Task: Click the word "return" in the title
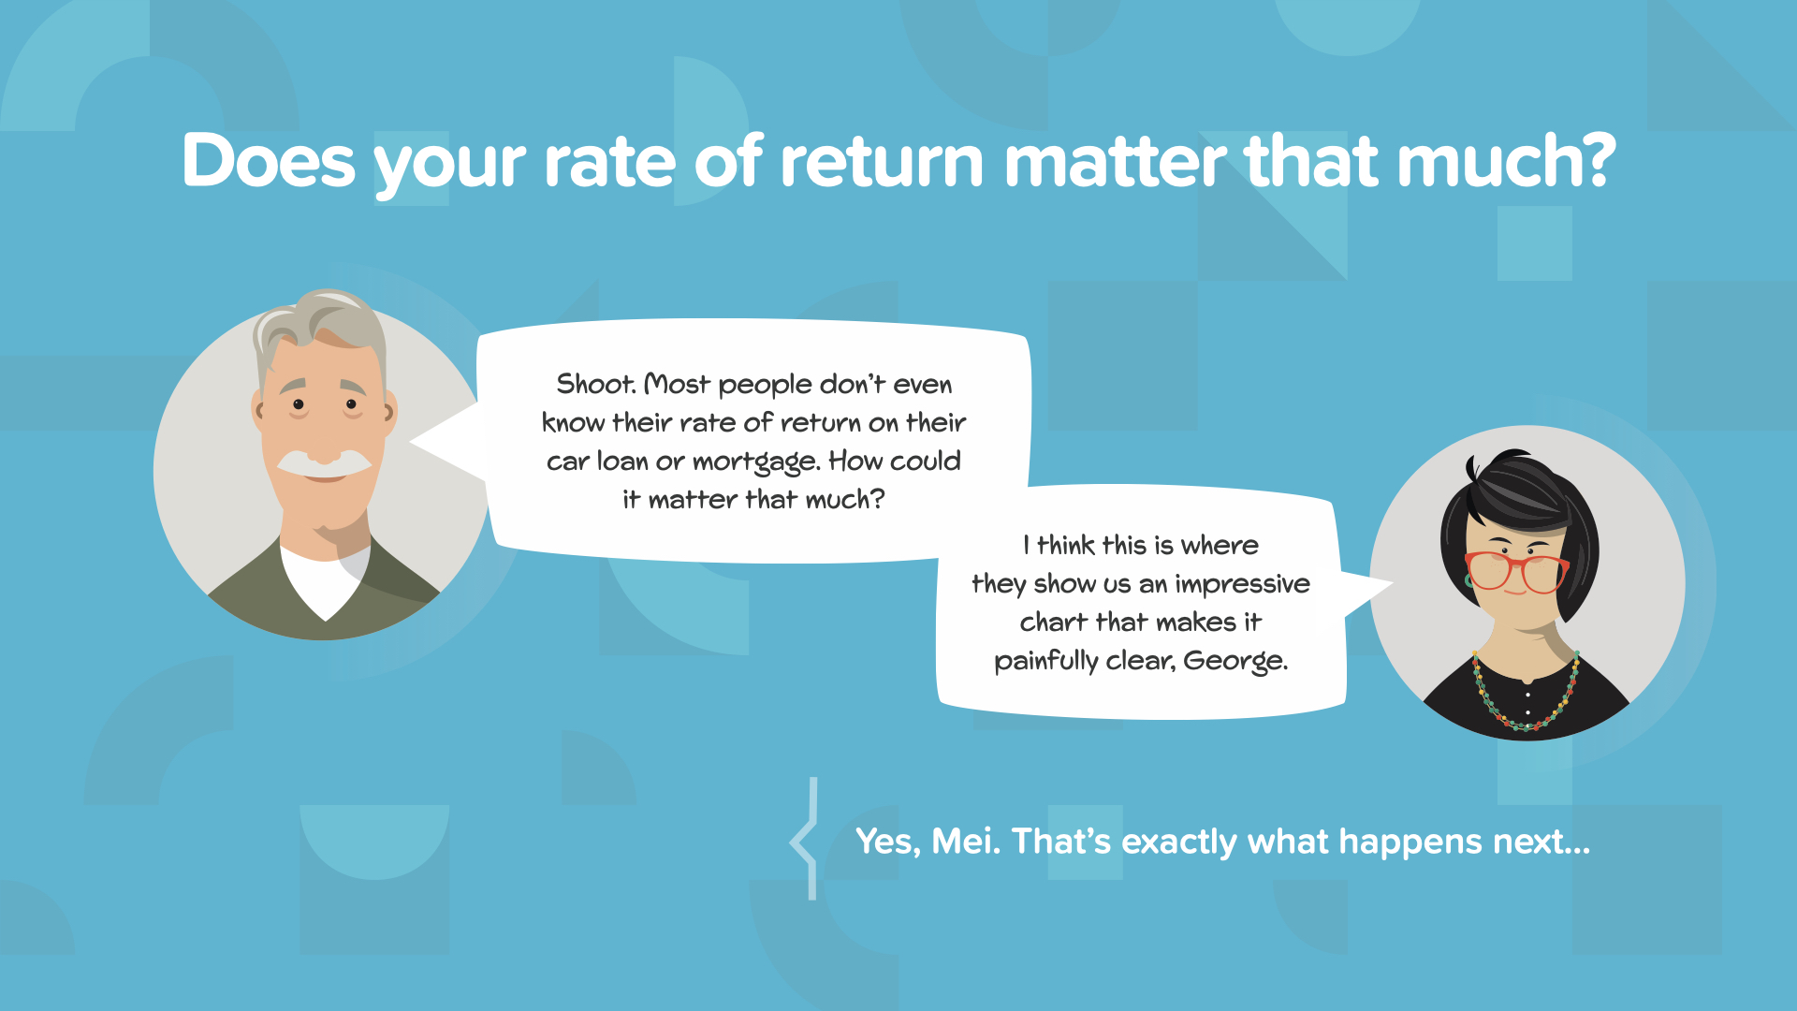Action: click(881, 161)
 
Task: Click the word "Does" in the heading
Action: click(269, 161)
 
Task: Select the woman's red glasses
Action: click(1516, 572)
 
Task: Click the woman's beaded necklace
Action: click(1526, 697)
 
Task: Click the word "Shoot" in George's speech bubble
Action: click(595, 384)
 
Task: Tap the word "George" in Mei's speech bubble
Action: click(1234, 662)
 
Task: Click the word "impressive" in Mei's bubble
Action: click(1242, 585)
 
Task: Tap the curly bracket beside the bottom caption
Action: click(805, 839)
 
